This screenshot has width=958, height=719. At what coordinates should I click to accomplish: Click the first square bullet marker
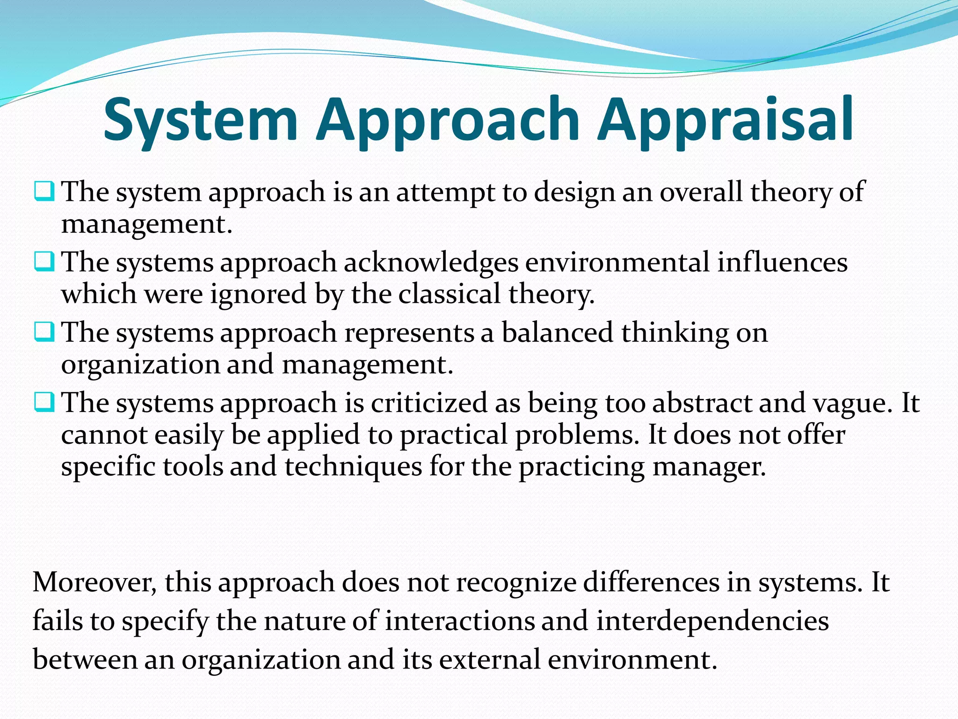(x=44, y=192)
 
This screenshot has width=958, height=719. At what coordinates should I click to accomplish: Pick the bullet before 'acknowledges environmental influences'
(x=44, y=262)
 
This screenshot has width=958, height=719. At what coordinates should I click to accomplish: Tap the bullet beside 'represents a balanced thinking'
(x=44, y=332)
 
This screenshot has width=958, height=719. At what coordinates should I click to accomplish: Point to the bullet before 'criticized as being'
(x=44, y=403)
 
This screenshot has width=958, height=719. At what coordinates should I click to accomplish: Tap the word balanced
(x=557, y=333)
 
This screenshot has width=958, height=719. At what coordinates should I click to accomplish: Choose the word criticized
(x=429, y=403)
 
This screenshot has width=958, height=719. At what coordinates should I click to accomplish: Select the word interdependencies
(x=712, y=622)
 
